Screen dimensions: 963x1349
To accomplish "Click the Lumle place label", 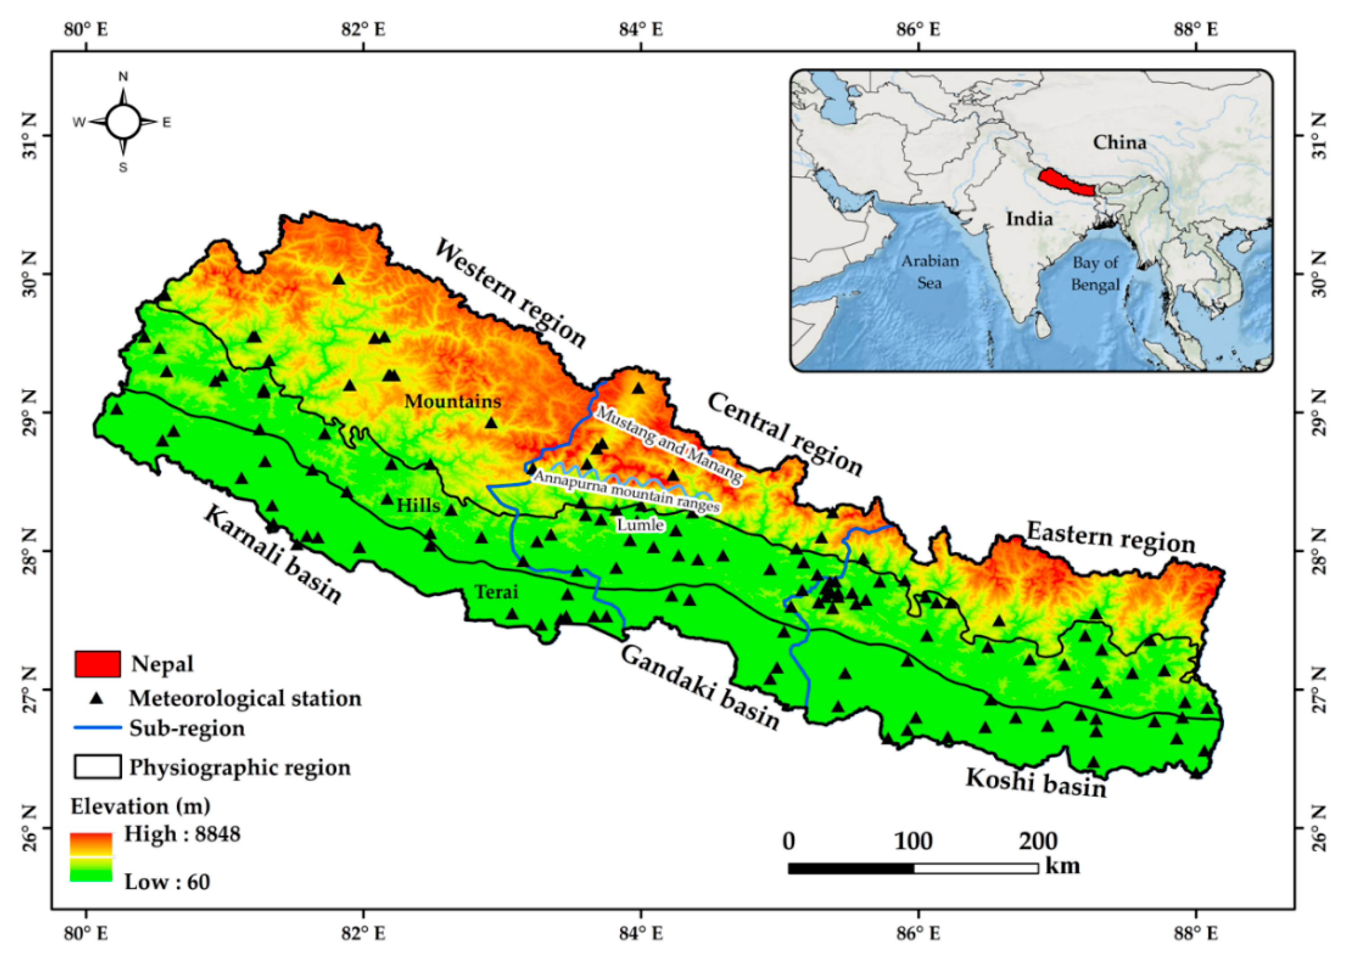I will coord(640,525).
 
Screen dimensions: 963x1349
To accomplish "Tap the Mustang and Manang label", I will coord(668,445).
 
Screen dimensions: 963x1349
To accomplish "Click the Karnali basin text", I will coord(273,555).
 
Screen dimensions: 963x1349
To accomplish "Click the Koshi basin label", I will coord(1036,782).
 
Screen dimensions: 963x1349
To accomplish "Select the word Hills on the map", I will coord(418,506).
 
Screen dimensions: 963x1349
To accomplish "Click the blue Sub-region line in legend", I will coord(97,727).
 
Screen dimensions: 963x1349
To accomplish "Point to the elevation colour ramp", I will coord(91,857).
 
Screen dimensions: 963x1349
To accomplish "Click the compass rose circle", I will coord(123,122).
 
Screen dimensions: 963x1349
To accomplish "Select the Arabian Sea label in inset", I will coord(930,271).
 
